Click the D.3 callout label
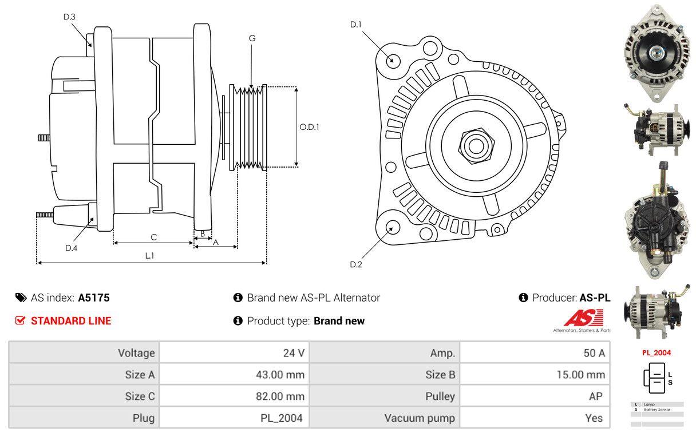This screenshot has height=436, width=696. [69, 17]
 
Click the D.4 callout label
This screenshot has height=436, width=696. [71, 248]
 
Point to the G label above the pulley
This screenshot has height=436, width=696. [252, 38]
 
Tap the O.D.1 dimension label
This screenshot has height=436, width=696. [309, 127]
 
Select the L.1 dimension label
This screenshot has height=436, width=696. [149, 256]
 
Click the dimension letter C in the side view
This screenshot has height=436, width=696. [153, 237]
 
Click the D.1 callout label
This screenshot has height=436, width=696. [356, 25]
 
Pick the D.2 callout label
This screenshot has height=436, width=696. [356, 264]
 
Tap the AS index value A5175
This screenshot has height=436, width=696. [94, 298]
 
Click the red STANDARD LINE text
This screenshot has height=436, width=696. [71, 321]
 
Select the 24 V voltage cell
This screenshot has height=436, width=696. [294, 353]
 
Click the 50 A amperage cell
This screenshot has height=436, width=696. [594, 353]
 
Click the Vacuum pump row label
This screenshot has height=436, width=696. [420, 418]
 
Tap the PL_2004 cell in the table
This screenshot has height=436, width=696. [281, 418]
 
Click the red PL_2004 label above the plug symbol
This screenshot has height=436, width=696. [657, 353]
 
